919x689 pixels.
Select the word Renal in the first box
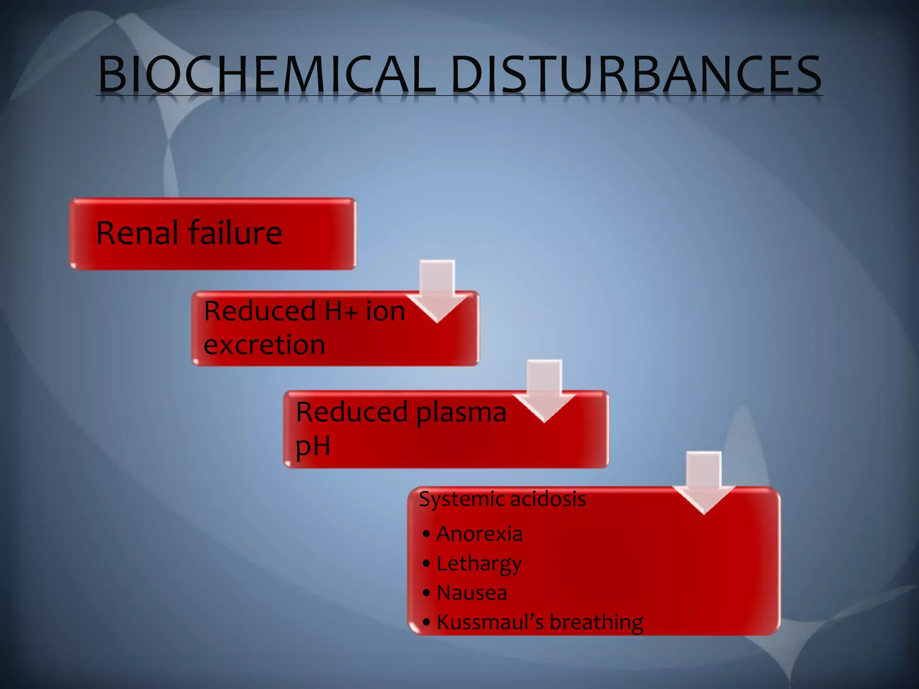point(137,233)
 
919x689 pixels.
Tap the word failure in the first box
point(235,233)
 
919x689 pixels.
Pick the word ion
point(385,311)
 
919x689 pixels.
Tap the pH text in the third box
point(313,446)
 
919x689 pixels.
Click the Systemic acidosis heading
point(502,499)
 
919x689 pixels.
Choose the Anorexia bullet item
point(479,534)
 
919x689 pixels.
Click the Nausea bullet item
point(472,593)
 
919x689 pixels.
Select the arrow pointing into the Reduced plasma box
point(544,391)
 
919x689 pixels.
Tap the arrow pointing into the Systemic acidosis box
point(704,483)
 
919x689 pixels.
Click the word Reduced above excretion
point(260,311)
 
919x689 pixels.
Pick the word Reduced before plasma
point(352,412)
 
